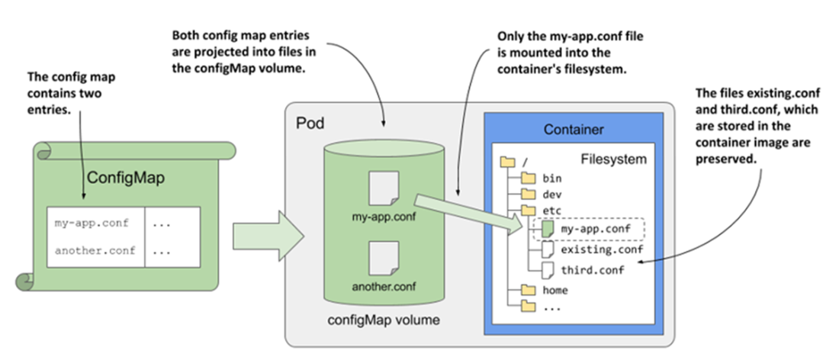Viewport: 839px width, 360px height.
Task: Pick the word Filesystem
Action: [613, 159]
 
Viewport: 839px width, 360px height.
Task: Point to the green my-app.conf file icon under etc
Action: [547, 228]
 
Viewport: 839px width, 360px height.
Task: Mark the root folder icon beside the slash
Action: [505, 162]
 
